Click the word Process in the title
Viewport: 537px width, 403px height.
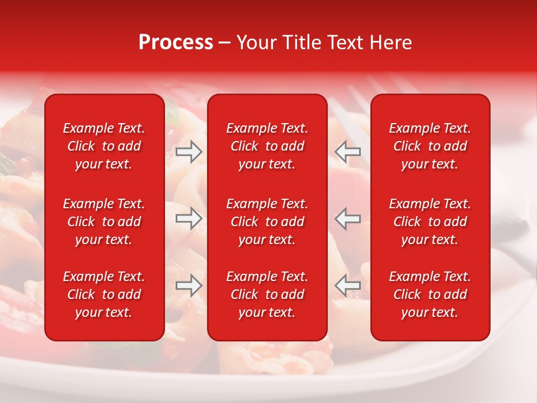(176, 43)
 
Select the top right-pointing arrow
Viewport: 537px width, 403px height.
(189, 152)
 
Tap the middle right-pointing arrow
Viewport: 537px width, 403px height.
(189, 218)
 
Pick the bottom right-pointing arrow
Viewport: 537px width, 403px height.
(189, 285)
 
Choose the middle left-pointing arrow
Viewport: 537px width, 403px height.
(348, 218)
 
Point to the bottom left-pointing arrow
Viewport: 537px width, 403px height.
(348, 285)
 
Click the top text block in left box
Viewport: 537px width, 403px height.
(104, 146)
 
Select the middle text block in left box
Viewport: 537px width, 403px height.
(104, 222)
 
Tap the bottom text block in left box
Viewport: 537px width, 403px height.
(104, 294)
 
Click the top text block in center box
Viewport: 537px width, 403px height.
(267, 146)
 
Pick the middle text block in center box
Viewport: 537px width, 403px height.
(267, 222)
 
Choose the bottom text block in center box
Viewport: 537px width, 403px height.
(267, 294)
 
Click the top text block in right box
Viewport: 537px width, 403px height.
(430, 146)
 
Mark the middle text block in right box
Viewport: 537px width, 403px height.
(430, 222)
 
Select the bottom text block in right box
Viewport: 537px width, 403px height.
(430, 294)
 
